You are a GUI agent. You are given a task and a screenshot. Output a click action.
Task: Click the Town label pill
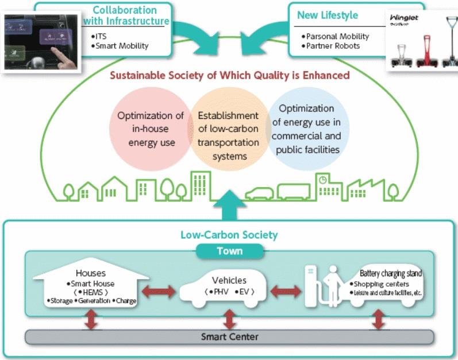pyautogui.click(x=229, y=251)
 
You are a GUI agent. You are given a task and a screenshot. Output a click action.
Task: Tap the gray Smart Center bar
pyautogui.click(x=229, y=336)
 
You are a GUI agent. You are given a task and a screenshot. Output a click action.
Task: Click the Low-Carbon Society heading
pyautogui.click(x=229, y=234)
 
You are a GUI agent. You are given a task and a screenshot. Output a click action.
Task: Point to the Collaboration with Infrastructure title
pyautogui.click(x=125, y=16)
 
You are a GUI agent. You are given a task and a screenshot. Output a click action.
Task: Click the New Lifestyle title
pyautogui.click(x=327, y=16)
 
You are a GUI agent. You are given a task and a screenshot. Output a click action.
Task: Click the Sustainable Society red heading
pyautogui.click(x=229, y=75)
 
